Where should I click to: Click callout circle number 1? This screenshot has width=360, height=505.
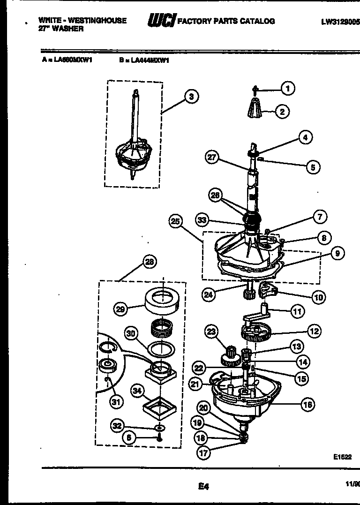(x=288, y=88)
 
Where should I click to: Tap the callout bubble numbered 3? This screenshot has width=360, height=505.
(x=190, y=97)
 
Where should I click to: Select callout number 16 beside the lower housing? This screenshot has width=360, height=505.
(x=307, y=404)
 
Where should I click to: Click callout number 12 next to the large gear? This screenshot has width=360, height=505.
(x=314, y=331)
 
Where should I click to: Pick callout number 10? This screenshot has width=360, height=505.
(x=319, y=297)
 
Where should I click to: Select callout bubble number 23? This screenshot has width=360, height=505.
(x=211, y=332)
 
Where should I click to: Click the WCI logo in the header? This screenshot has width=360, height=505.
(x=161, y=21)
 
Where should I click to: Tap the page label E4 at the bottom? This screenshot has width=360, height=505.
(x=203, y=487)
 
